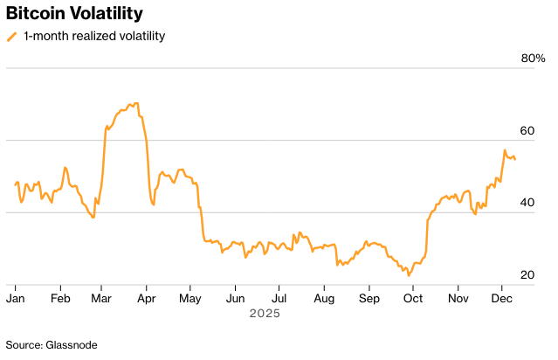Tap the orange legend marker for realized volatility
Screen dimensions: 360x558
(11, 37)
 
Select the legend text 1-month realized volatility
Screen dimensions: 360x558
(94, 37)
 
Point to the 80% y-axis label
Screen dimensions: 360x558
(533, 59)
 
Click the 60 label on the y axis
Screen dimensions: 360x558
(527, 130)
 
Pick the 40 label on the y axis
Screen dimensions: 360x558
(527, 203)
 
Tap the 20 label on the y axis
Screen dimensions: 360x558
(527, 275)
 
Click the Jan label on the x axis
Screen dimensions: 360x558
(16, 298)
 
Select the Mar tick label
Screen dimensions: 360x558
(102, 298)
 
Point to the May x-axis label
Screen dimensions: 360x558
(190, 298)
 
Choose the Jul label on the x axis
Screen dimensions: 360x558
(278, 298)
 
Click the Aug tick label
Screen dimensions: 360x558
(324, 298)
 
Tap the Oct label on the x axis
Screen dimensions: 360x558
(412, 298)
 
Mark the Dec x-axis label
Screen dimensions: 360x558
(501, 298)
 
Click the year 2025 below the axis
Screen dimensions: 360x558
(265, 313)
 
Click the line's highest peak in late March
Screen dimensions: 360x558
(134, 103)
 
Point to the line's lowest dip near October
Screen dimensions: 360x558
(409, 275)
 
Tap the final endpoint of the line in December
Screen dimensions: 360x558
(515, 159)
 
